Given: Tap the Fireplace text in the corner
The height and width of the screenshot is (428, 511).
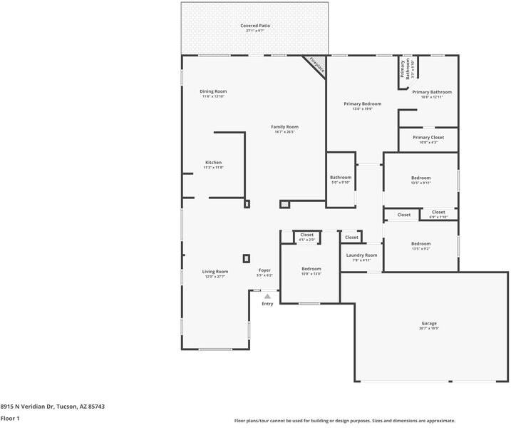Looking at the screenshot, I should [x=316, y=66].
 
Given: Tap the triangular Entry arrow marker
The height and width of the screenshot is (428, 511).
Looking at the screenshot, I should [x=267, y=295].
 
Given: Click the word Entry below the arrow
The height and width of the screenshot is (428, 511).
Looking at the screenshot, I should [x=267, y=304].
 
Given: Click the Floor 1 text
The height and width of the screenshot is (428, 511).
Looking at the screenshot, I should [x=10, y=419].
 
